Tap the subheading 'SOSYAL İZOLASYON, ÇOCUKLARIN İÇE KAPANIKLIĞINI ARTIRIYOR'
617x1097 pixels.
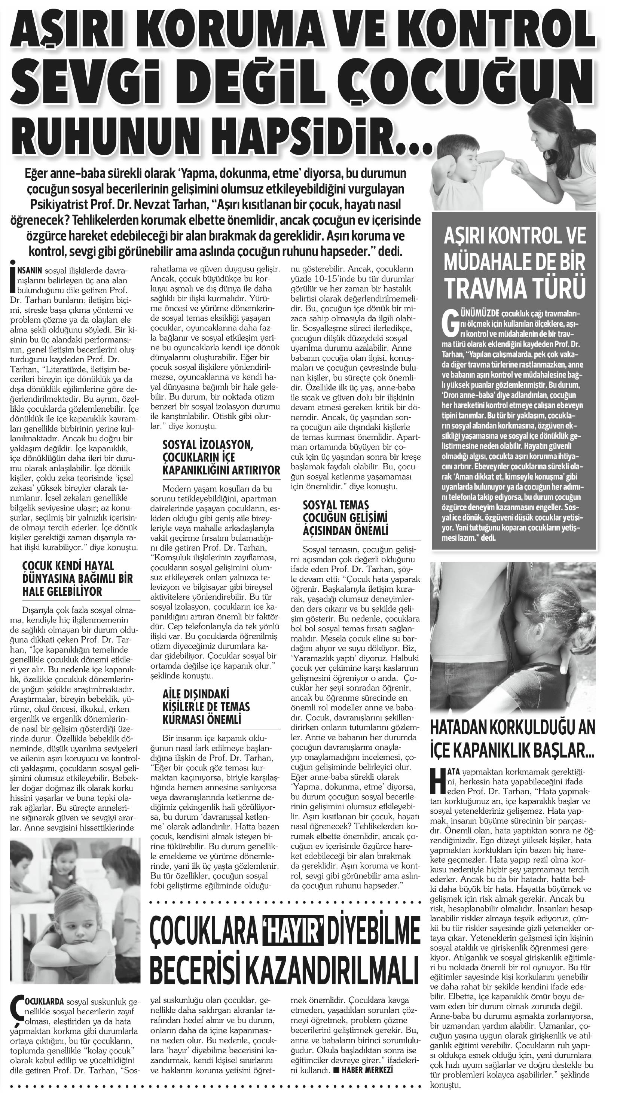click(x=221, y=457)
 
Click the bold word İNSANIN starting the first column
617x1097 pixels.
click(x=28, y=270)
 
